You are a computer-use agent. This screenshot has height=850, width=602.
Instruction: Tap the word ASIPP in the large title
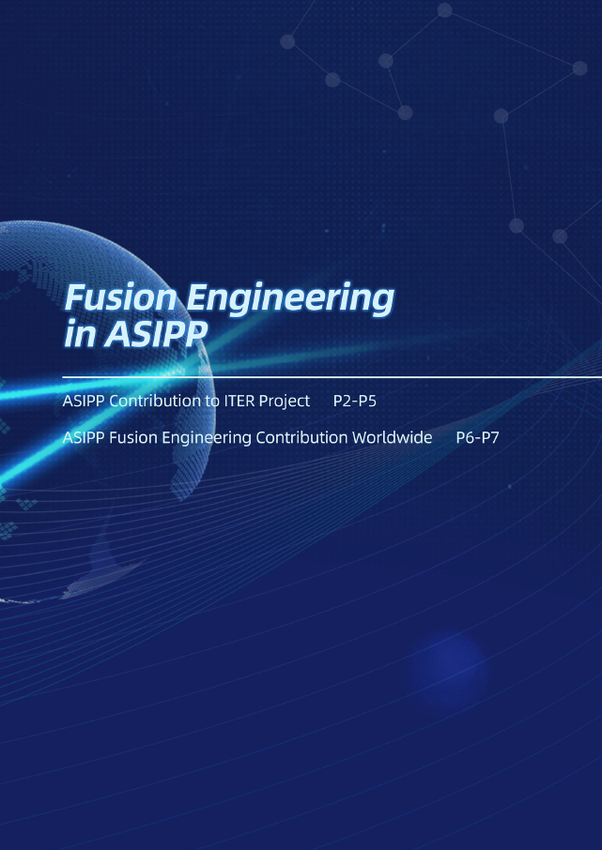coord(155,335)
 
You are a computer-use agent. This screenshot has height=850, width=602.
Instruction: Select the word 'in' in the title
coord(80,335)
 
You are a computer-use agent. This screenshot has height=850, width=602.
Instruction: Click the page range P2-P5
coord(354,402)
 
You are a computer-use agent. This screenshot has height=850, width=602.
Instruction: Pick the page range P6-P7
coord(477,437)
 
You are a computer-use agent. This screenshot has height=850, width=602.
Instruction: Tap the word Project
coord(284,402)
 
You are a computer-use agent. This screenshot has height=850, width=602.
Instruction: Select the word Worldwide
coord(392,437)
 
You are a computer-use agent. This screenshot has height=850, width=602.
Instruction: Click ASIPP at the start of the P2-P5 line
coord(85,402)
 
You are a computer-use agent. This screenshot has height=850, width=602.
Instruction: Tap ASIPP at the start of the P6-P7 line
coord(85,437)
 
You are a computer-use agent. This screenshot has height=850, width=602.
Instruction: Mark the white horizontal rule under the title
coord(332,377)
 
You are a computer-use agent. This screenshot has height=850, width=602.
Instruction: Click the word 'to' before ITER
coord(209,402)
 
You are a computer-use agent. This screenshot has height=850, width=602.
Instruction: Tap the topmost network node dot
coord(444,9)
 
